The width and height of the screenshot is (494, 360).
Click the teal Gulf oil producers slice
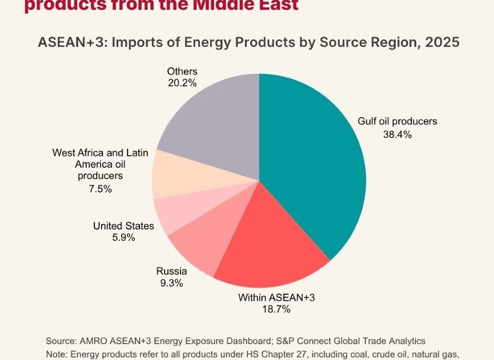[314, 165]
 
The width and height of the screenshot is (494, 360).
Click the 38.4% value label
[398, 135]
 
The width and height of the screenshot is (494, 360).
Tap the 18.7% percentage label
[277, 309]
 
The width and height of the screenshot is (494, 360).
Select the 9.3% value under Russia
[171, 283]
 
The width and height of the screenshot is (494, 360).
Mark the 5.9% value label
[123, 237]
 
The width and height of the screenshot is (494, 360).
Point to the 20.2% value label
[182, 82]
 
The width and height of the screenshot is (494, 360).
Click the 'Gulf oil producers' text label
[397, 122]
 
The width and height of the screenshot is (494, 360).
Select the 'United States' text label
[123, 226]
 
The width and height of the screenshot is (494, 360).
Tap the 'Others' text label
[182, 71]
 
